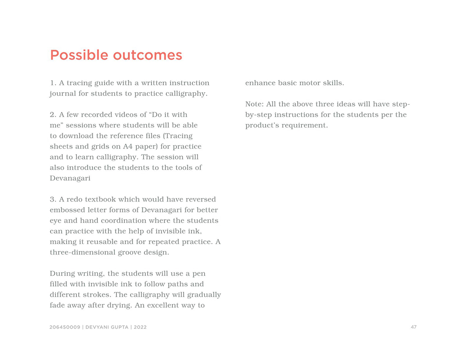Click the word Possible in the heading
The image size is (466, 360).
coord(79,55)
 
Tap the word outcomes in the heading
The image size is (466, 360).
coord(147,55)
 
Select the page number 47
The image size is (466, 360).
coord(414,327)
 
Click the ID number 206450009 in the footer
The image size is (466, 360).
coord(65,327)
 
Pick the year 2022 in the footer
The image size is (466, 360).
coord(140,327)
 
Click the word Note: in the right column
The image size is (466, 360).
coord(254,104)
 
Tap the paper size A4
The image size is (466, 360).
coord(128,146)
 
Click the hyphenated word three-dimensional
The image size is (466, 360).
coord(82,252)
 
